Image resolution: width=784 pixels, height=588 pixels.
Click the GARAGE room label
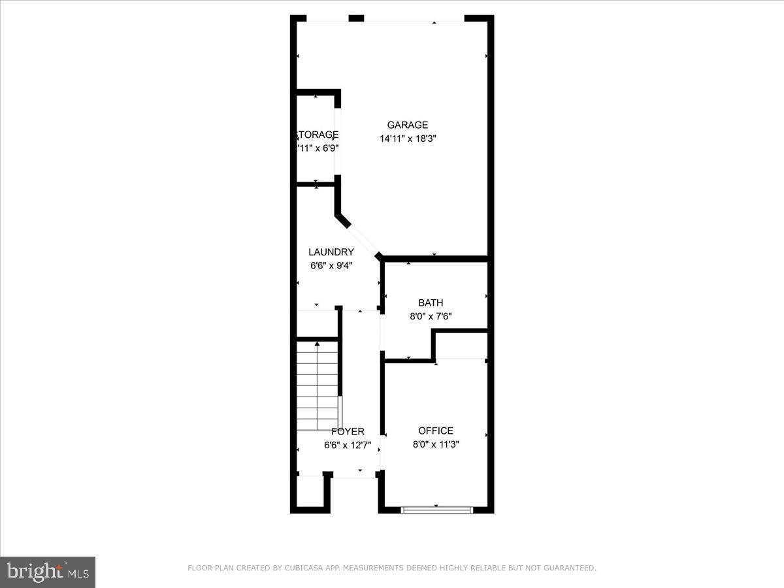[407, 125]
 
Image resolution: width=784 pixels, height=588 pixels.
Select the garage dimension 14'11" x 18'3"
[407, 139]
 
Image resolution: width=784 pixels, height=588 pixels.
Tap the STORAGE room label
[318, 135]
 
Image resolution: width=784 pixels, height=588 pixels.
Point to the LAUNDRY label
[331, 252]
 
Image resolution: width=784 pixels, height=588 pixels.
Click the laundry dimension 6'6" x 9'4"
[331, 265]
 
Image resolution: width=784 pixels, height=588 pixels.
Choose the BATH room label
[431, 302]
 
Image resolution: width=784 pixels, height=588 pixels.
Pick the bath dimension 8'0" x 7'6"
[431, 316]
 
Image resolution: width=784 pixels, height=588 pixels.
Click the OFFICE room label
[436, 431]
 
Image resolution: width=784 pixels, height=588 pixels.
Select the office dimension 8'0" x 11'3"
[436, 444]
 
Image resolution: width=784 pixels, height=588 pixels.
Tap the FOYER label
[348, 432]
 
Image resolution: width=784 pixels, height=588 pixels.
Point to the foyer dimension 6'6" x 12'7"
[348, 446]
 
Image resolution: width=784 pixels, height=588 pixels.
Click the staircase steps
[318, 385]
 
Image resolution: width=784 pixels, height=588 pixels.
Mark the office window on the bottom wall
[436, 510]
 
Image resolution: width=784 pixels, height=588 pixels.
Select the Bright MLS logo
[48, 572]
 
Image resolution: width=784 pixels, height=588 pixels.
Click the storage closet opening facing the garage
[338, 141]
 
